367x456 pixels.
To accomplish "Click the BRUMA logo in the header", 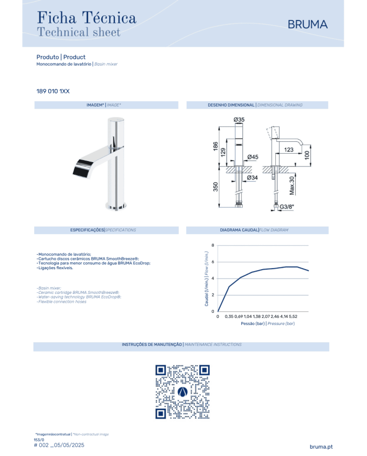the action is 307,25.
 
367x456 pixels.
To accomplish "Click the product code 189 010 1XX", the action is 53,91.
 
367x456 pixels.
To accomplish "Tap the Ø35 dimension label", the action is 239,120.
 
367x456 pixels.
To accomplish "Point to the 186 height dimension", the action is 215,146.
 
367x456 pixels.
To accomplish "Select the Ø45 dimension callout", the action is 253,157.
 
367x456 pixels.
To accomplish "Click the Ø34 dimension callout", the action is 252,178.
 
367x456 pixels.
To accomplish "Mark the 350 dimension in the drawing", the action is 215,187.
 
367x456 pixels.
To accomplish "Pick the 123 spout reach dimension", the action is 288,150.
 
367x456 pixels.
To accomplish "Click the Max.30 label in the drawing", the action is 292,186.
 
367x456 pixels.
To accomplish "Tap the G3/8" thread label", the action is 287,207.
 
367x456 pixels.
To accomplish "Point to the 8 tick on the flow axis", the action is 213,245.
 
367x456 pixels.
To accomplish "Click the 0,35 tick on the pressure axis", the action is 229,316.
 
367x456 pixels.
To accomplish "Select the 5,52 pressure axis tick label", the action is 293,316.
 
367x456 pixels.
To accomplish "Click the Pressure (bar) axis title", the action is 281,323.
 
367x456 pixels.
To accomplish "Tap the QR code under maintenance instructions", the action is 182,392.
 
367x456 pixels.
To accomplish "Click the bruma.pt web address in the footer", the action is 321,447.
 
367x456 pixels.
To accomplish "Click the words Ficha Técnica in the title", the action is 87,17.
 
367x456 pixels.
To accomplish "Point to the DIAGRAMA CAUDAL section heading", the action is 239,230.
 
